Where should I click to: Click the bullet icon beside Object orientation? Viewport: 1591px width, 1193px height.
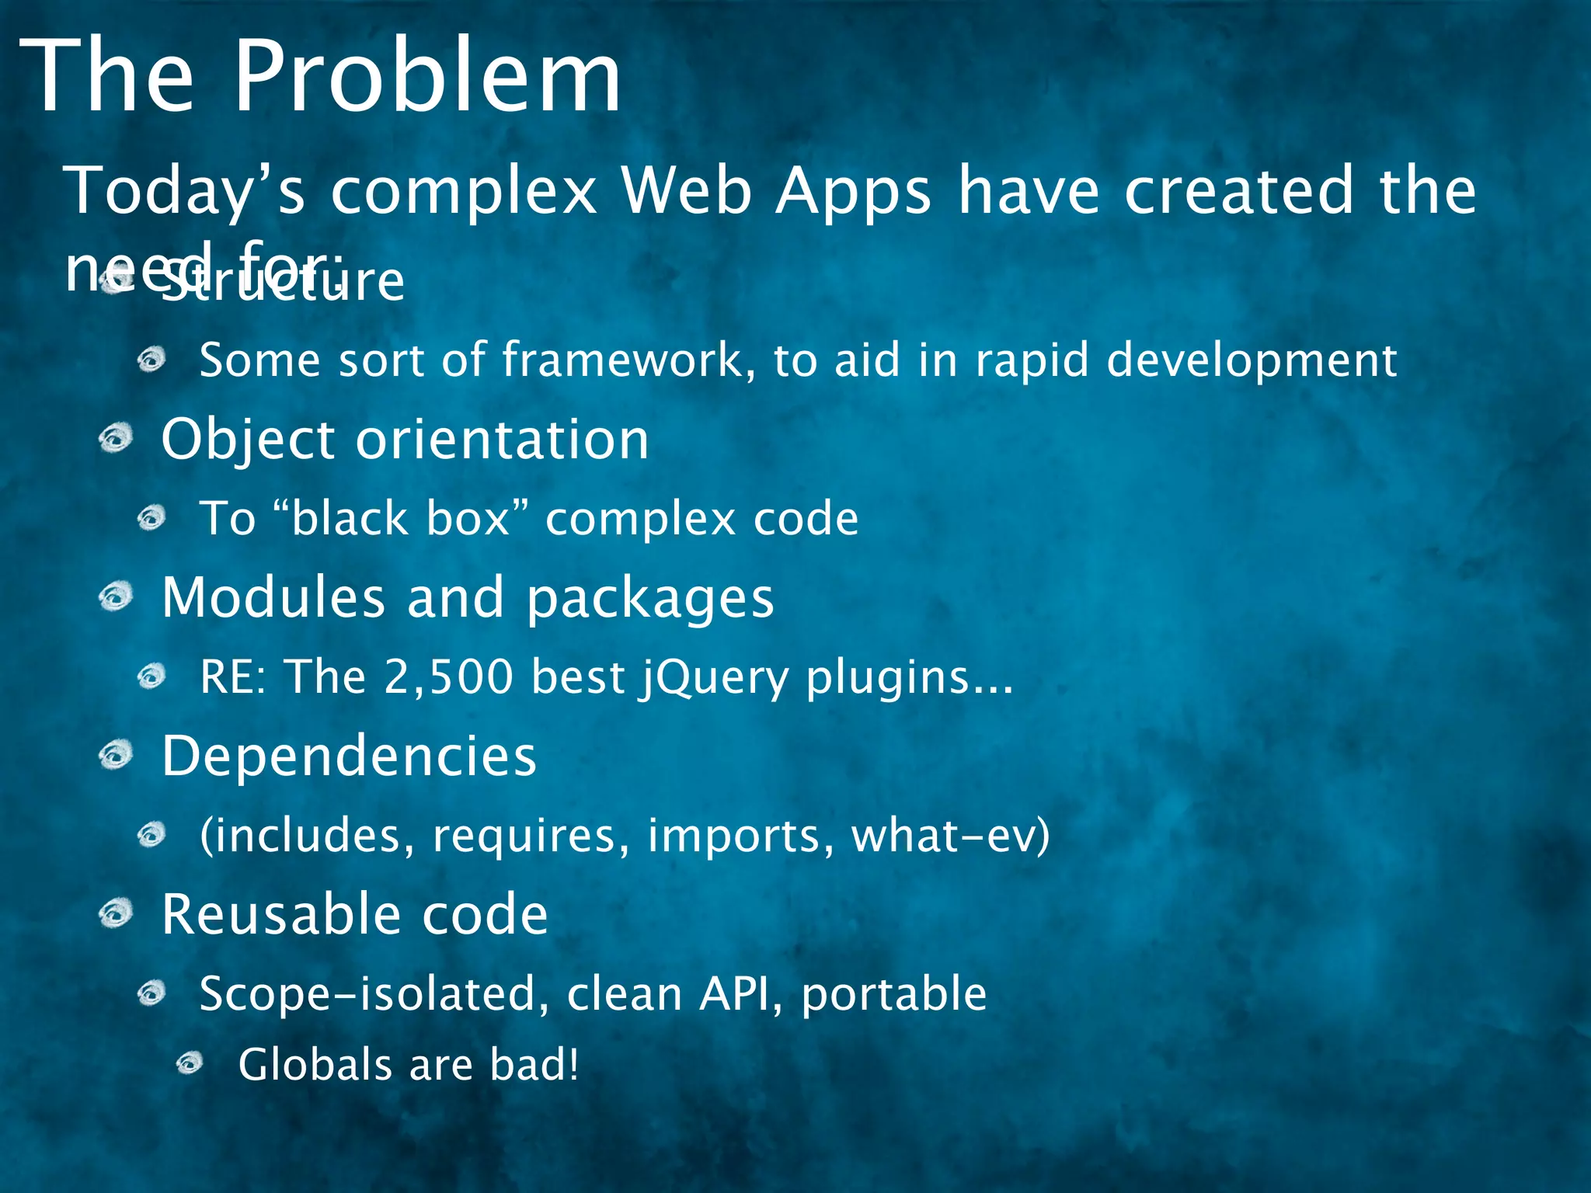coord(117,439)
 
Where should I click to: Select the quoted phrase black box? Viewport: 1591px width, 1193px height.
coord(402,519)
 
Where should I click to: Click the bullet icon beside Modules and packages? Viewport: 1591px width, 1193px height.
coord(117,597)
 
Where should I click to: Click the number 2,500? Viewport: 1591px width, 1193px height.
coord(448,676)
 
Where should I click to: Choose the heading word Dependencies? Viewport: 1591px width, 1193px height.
coord(349,756)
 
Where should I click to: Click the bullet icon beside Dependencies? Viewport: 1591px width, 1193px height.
coord(117,755)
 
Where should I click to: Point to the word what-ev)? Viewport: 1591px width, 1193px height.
coord(951,836)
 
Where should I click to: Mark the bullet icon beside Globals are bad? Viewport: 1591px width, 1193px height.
coord(190,1063)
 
